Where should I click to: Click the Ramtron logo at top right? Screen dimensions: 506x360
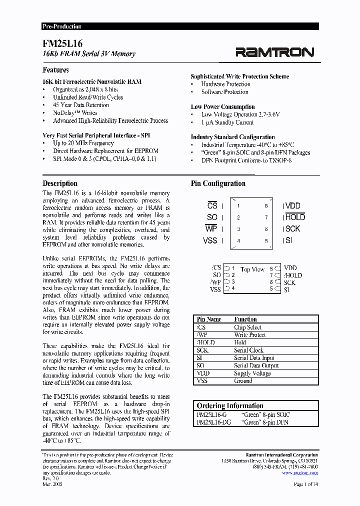coord(274,52)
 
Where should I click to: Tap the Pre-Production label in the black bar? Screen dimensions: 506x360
coord(62,26)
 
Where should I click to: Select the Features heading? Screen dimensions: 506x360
coord(55,70)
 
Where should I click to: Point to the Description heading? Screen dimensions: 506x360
coord(60,183)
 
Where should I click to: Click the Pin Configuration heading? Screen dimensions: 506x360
coord(218,183)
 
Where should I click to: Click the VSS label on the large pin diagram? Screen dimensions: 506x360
coord(210,240)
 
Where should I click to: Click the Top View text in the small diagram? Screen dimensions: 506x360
coord(252,269)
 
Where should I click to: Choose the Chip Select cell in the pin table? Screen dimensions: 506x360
coord(247,327)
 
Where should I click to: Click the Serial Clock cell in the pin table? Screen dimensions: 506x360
coord(248,350)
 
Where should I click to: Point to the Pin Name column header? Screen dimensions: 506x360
coord(208,319)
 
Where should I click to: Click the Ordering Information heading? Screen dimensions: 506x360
coord(229,405)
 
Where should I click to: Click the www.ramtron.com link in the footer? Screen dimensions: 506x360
coord(299,472)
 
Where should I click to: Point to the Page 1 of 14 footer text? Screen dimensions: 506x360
coord(305,485)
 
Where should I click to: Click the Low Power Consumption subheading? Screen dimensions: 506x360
coord(222,106)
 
